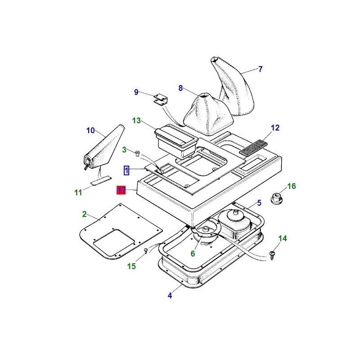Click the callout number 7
260,69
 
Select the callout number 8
181,88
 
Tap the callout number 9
136,92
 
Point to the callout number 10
91,130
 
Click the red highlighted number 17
121,190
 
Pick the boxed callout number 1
127,170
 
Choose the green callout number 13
137,121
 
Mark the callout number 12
275,128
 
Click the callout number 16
292,186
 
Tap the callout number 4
170,296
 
